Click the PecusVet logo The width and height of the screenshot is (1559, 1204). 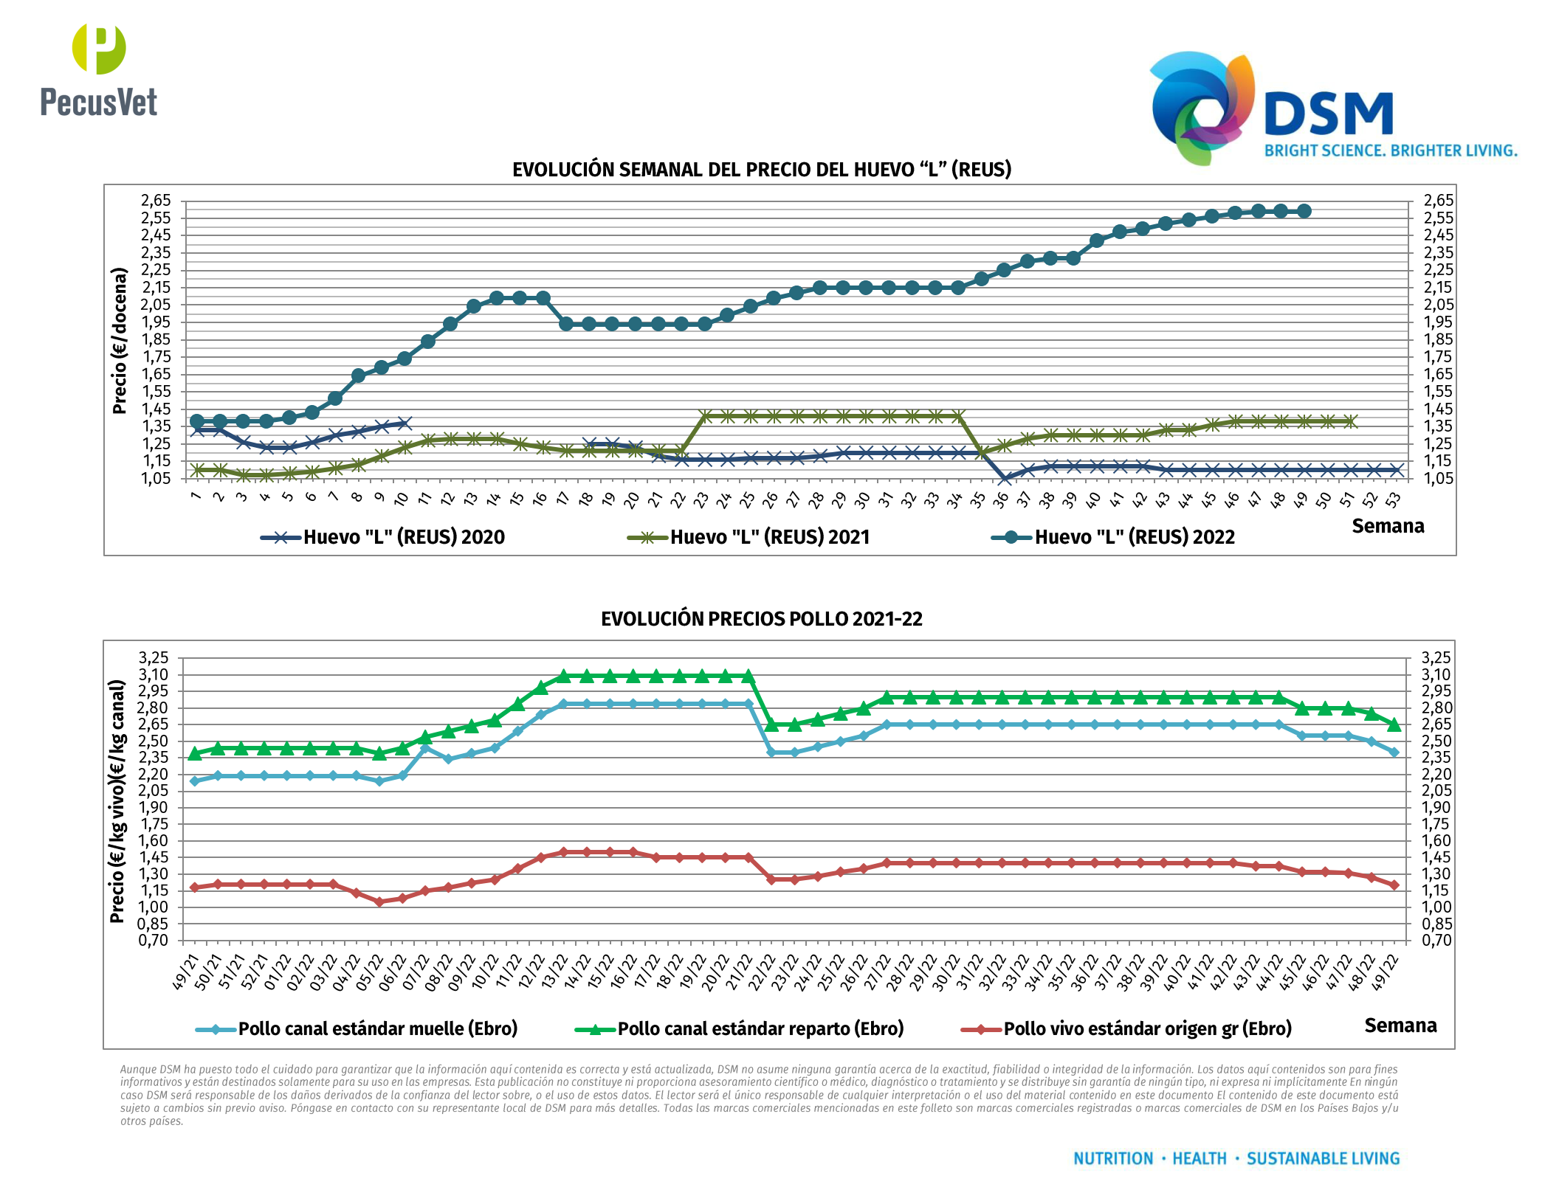point(99,71)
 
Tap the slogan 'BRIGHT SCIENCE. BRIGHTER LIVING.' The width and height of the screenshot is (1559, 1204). point(1391,151)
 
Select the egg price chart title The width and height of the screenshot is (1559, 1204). point(762,170)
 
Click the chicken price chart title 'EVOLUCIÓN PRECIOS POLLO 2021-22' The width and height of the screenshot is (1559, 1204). point(762,619)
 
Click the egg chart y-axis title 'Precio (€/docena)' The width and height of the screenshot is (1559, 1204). point(120,340)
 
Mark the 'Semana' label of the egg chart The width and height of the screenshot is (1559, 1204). point(1388,526)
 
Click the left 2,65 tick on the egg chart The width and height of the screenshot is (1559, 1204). point(156,201)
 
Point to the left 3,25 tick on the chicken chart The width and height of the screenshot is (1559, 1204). point(154,657)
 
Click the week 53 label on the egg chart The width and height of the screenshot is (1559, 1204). point(1393,501)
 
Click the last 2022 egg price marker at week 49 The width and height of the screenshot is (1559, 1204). point(1304,211)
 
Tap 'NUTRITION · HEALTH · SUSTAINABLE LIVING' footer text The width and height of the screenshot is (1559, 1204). point(1236,1159)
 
